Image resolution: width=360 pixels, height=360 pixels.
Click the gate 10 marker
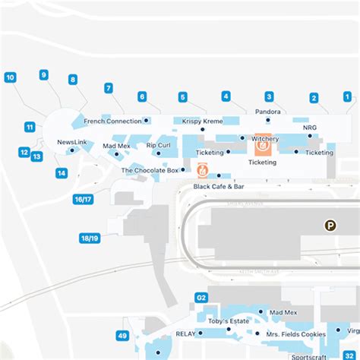coord(11,77)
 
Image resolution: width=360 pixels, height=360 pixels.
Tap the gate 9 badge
coord(44,74)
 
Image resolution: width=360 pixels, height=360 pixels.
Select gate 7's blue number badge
coord(109,88)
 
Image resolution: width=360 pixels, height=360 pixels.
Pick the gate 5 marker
coord(183,96)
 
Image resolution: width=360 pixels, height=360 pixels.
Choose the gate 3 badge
coord(269,96)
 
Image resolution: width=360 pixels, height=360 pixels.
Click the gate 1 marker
coord(347,96)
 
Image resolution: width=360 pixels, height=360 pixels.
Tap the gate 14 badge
coord(62,173)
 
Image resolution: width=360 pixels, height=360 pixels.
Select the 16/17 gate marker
coord(83,200)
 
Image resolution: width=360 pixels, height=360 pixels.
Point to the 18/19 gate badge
coord(90,238)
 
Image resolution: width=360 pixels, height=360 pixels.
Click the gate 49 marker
coord(122,335)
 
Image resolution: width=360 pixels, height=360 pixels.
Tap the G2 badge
coord(202,297)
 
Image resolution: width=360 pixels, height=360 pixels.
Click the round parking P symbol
coord(330,225)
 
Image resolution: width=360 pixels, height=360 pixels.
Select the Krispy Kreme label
coord(203,122)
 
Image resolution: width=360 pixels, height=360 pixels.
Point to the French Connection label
coord(112,122)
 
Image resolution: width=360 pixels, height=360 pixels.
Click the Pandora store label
coord(268,112)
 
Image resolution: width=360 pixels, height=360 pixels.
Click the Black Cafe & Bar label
coord(219,186)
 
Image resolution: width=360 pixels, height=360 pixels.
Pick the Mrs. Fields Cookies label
coord(295,335)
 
